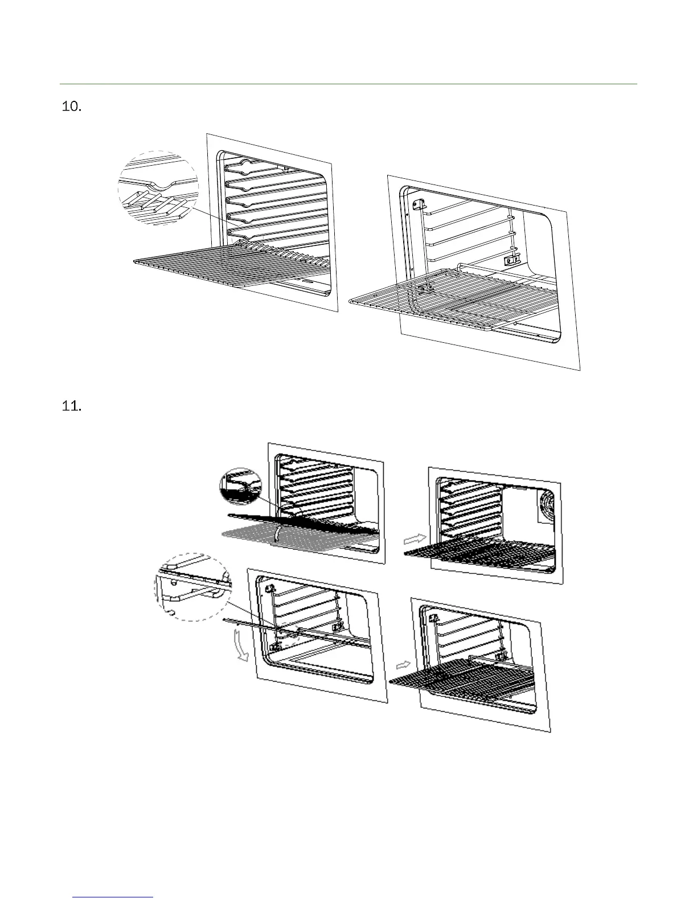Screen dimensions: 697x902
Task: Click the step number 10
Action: pos(71,107)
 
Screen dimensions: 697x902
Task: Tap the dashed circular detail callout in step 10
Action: pos(158,188)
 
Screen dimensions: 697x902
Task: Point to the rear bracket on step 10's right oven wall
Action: pos(511,259)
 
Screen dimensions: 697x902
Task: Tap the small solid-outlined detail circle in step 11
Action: pos(240,487)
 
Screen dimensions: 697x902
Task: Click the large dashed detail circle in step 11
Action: pos(193,587)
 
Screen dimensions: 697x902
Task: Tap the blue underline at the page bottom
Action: pos(113,897)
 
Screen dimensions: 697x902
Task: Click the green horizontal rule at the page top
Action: pos(348,84)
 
